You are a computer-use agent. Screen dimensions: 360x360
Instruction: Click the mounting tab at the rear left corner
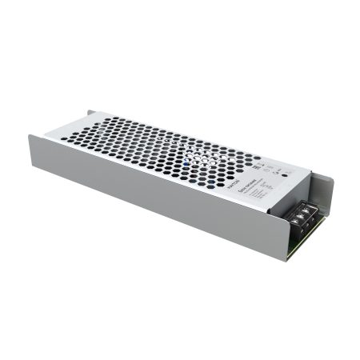click(x=91, y=114)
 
